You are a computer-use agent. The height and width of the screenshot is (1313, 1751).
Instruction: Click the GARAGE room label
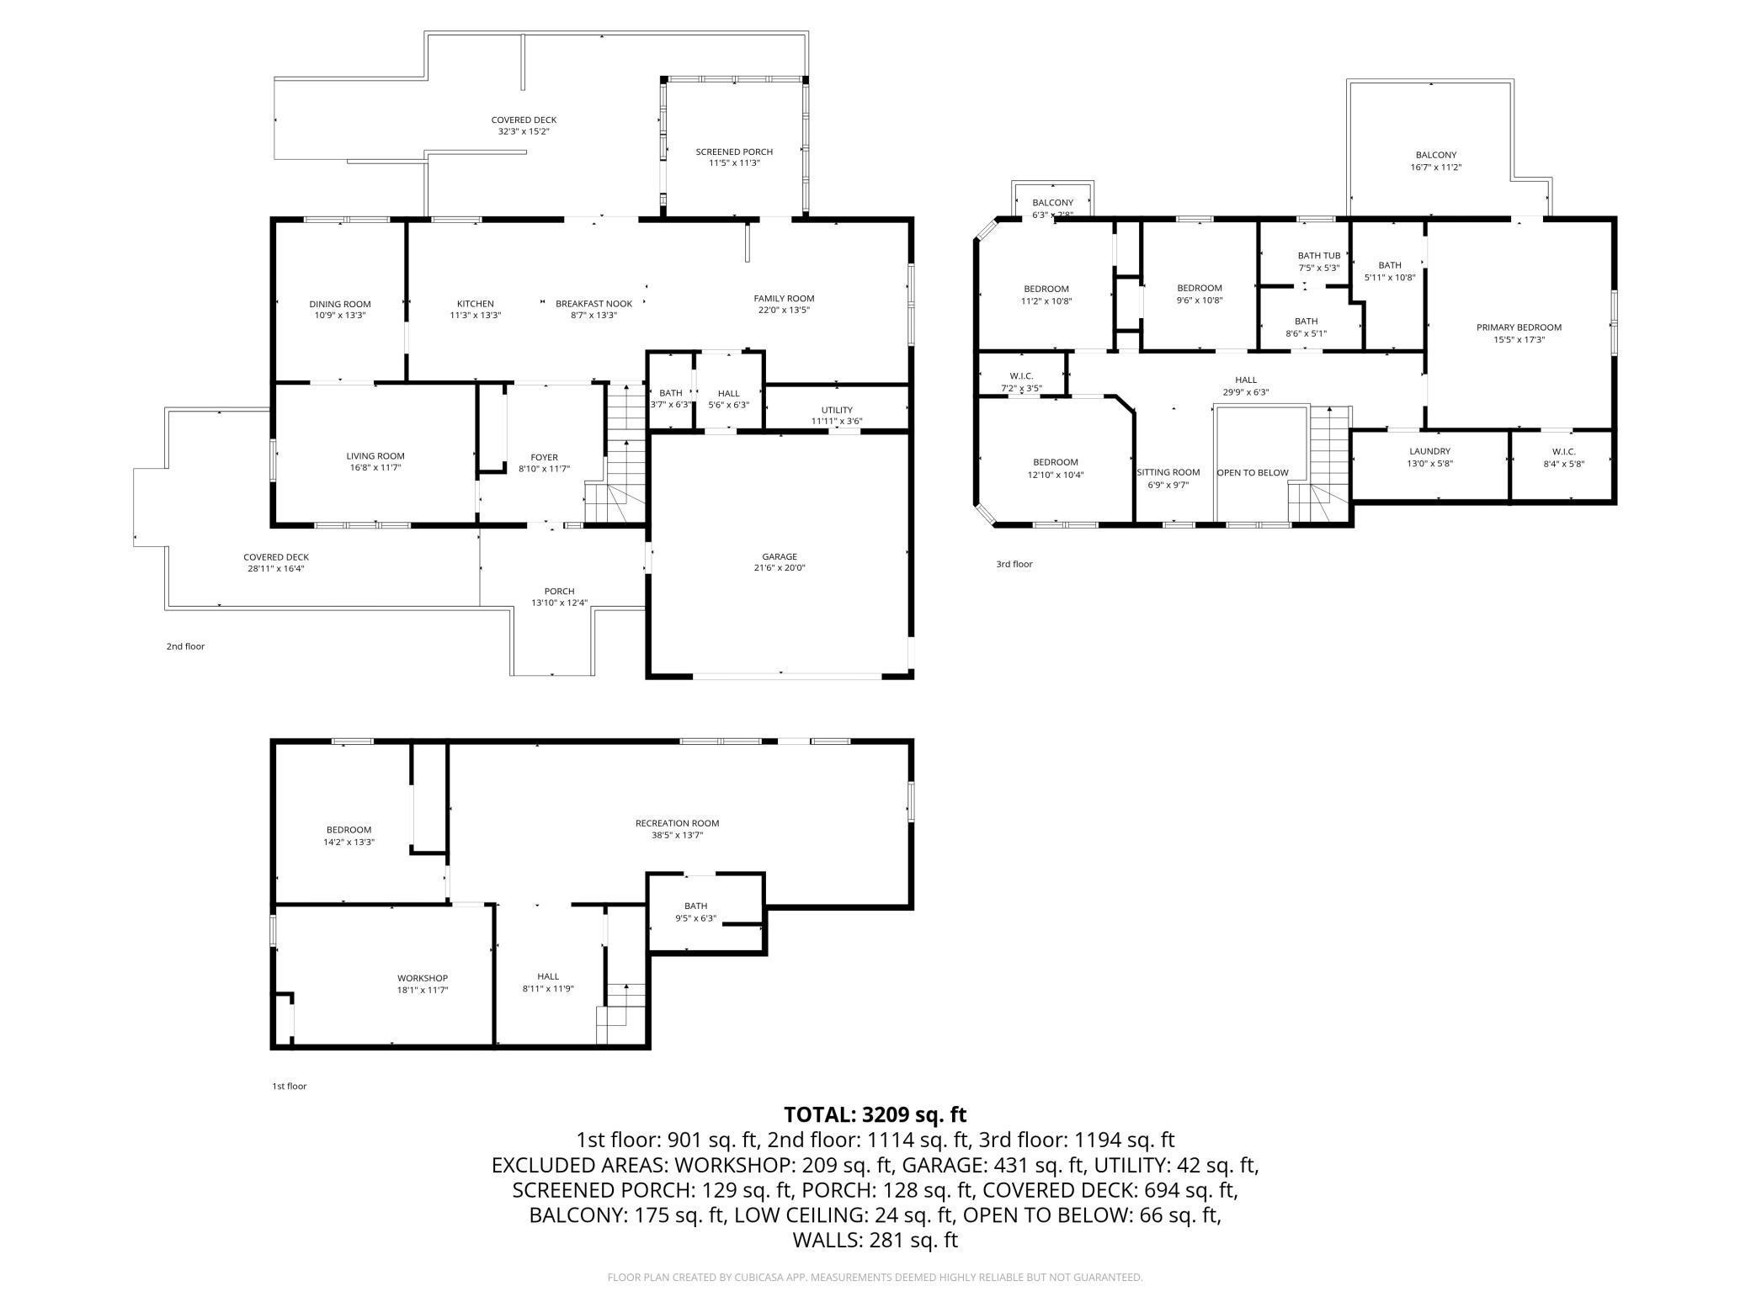(x=780, y=556)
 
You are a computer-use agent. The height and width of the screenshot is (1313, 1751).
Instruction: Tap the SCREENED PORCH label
(x=734, y=151)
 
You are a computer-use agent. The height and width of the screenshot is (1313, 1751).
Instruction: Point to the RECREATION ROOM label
(x=678, y=823)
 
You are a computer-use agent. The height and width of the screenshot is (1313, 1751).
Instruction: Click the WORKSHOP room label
(x=423, y=978)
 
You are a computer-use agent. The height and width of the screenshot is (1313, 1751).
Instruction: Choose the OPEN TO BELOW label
(x=1253, y=472)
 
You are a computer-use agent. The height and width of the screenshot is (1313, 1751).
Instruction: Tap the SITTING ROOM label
(x=1168, y=472)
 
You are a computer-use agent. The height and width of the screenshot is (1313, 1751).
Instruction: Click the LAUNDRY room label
(x=1430, y=451)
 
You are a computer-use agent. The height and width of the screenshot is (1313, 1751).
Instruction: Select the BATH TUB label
(x=1319, y=256)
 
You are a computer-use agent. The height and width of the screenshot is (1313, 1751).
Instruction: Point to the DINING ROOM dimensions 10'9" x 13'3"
(x=340, y=316)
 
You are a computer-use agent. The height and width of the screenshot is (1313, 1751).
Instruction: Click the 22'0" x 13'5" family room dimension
(x=784, y=310)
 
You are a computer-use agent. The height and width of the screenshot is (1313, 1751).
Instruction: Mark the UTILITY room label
(x=837, y=410)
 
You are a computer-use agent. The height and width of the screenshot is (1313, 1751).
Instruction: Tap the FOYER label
(x=545, y=457)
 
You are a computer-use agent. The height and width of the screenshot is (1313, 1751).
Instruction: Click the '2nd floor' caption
(x=185, y=646)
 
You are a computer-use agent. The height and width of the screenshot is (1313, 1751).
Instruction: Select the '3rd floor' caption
(x=1014, y=564)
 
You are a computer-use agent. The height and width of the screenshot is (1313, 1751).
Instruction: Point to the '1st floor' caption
(x=289, y=1086)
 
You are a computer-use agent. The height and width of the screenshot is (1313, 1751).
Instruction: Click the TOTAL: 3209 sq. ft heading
(x=875, y=1114)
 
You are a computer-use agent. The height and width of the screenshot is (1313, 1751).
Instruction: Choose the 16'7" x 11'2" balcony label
(x=1436, y=167)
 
